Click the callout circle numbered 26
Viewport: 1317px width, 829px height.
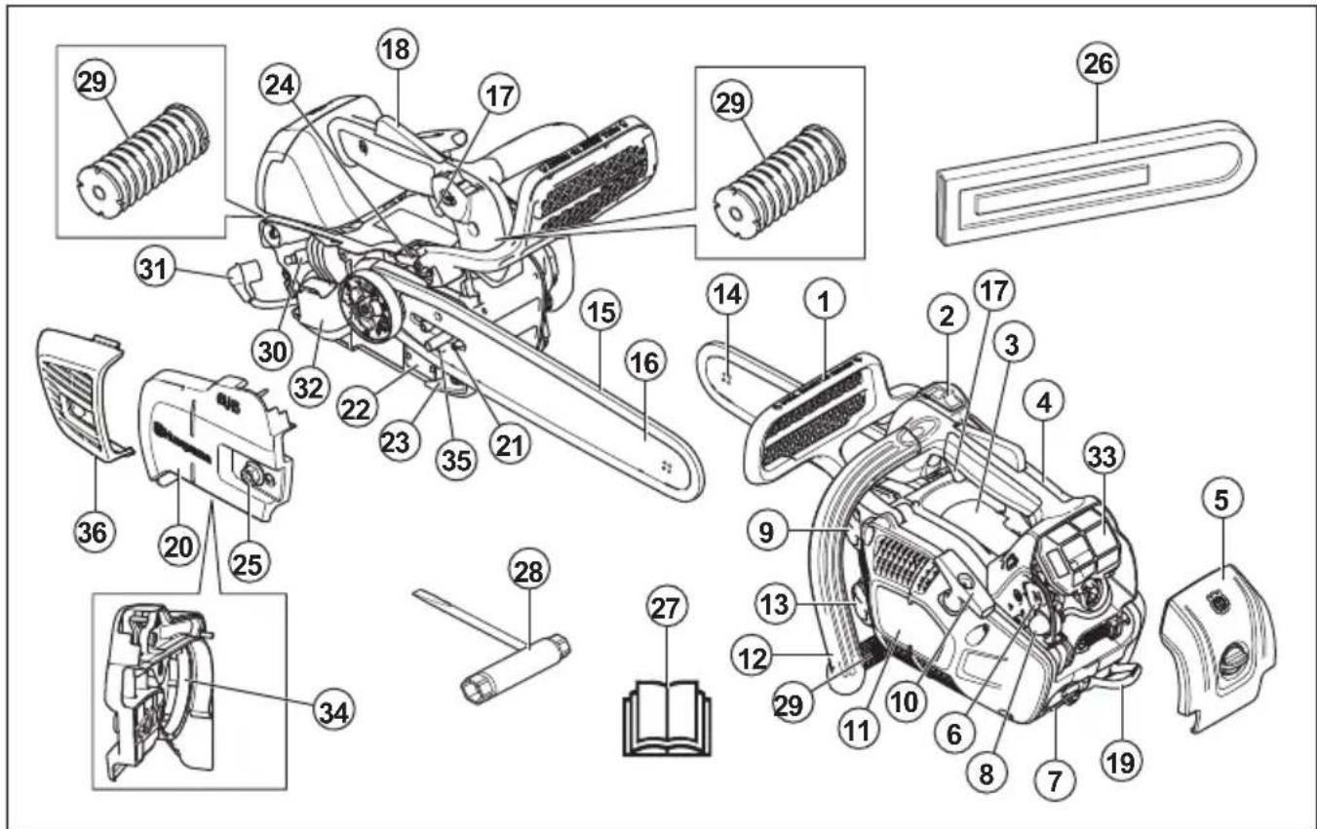coord(1097,65)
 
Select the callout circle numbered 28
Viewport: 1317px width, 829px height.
coord(531,570)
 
